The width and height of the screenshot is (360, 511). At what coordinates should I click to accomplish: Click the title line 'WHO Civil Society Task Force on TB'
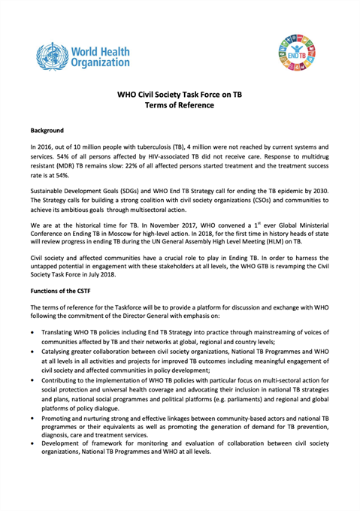[x=180, y=95]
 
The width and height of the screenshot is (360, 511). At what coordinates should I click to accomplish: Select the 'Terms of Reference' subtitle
[x=180, y=107]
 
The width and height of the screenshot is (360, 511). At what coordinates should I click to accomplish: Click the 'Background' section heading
[x=47, y=131]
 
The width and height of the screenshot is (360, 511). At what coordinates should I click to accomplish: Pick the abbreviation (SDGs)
[x=131, y=195]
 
